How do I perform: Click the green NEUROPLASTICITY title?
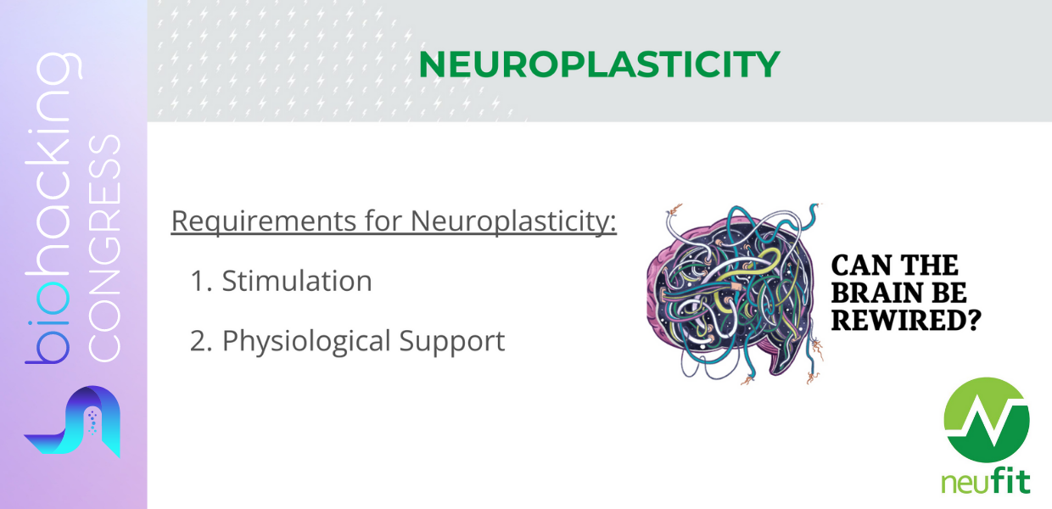(599, 64)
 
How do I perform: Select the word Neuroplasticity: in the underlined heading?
(513, 221)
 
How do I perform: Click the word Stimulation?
(297, 281)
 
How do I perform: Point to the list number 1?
(201, 282)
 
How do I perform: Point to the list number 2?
(201, 341)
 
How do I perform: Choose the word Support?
(452, 342)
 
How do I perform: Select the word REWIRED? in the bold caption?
(906, 320)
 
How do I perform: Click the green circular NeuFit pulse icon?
(986, 420)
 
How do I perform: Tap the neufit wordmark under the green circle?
(986, 482)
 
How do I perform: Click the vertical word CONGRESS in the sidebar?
(104, 248)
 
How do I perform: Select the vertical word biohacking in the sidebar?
(53, 208)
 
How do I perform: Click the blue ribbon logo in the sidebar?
(72, 421)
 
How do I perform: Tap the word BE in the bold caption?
(948, 293)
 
